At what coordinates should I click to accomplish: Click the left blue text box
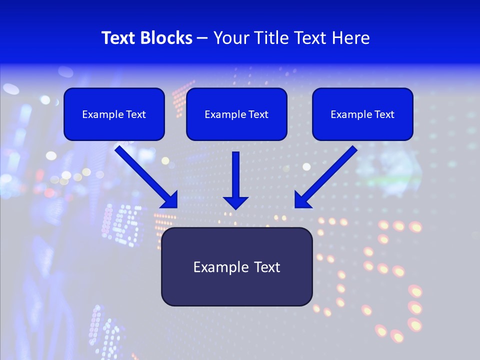tap(114, 114)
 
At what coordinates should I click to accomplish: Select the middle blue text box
tap(236, 114)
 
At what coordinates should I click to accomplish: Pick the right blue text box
tap(362, 114)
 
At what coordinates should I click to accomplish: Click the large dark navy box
tap(236, 266)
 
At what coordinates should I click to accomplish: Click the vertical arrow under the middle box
tap(235, 175)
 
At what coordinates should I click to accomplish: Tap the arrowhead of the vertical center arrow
tap(235, 202)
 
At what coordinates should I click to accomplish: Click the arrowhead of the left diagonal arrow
tap(170, 200)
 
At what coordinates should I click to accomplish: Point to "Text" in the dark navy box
tap(267, 267)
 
